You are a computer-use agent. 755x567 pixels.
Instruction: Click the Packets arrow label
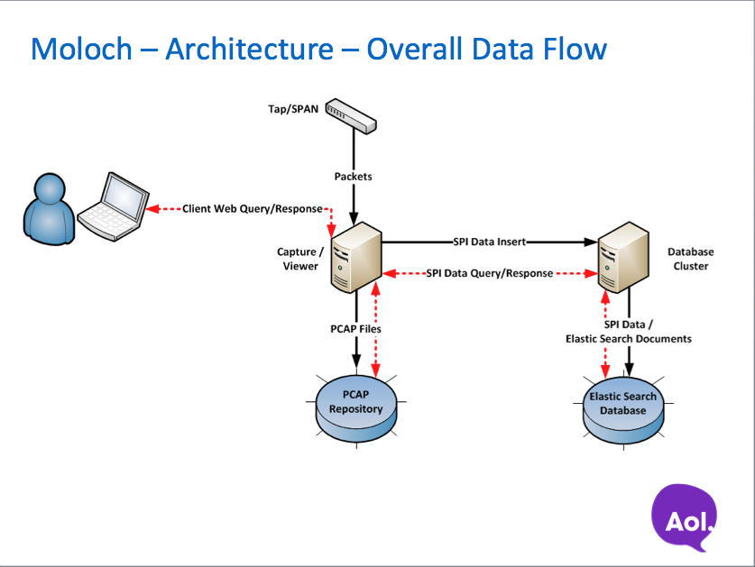coord(354,177)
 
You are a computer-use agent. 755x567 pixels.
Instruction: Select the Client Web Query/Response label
coord(253,208)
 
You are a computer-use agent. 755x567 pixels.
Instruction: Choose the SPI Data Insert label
coord(489,242)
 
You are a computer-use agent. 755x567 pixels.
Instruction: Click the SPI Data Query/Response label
coord(489,273)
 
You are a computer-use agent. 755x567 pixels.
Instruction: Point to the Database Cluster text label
coord(690,259)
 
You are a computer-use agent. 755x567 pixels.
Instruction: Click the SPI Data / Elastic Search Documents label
coord(628,331)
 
